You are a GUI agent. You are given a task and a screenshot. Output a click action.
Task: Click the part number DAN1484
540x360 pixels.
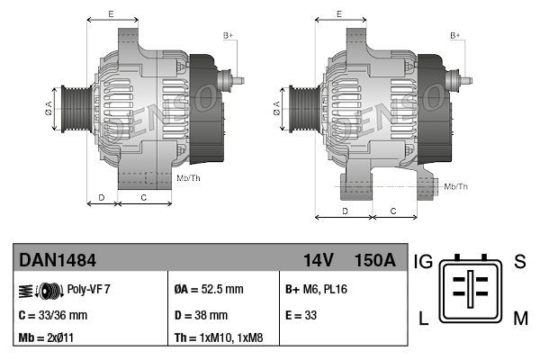tap(58, 261)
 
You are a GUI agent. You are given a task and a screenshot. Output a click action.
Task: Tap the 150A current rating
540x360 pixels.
tap(375, 261)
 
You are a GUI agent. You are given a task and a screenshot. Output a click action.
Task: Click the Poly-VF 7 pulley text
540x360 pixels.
tap(88, 290)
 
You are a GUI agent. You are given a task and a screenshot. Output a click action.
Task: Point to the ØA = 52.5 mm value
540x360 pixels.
tap(208, 290)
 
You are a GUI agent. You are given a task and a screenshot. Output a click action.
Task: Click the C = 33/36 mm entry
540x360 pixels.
tap(52, 315)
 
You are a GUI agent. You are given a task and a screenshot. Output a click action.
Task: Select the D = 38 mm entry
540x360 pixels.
tap(200, 315)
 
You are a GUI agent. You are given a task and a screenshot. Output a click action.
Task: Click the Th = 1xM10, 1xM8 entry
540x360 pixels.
tap(219, 339)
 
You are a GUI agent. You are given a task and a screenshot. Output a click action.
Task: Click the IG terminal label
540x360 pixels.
tap(424, 262)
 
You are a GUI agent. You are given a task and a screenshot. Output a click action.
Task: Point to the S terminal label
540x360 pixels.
tap(519, 262)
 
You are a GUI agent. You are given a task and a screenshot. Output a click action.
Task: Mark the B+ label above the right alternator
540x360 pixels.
tap(454, 35)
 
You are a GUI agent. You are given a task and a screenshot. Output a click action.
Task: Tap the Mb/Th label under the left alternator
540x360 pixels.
tap(189, 179)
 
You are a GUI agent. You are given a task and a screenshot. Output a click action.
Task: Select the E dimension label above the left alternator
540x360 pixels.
tap(111, 14)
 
